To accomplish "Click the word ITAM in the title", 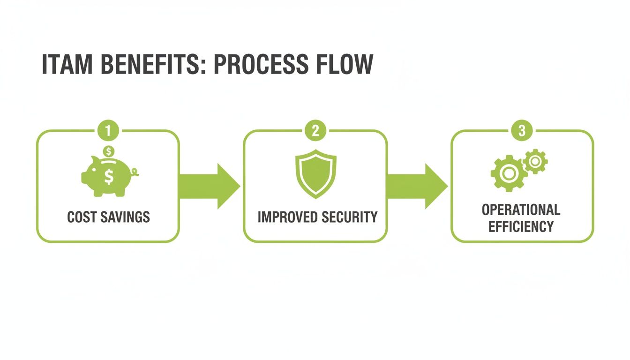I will pyautogui.click(x=68, y=65).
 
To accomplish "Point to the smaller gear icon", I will pyautogui.click(x=535, y=162).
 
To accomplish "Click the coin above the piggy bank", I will pyautogui.click(x=109, y=151).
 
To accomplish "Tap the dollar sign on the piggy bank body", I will pyautogui.click(x=109, y=177).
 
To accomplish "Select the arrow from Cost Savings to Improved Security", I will pyautogui.click(x=209, y=186).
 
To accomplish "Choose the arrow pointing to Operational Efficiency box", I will pyautogui.click(x=417, y=186).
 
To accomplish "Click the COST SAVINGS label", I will pyautogui.click(x=108, y=217).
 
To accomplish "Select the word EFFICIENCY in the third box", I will pyautogui.click(x=521, y=227).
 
